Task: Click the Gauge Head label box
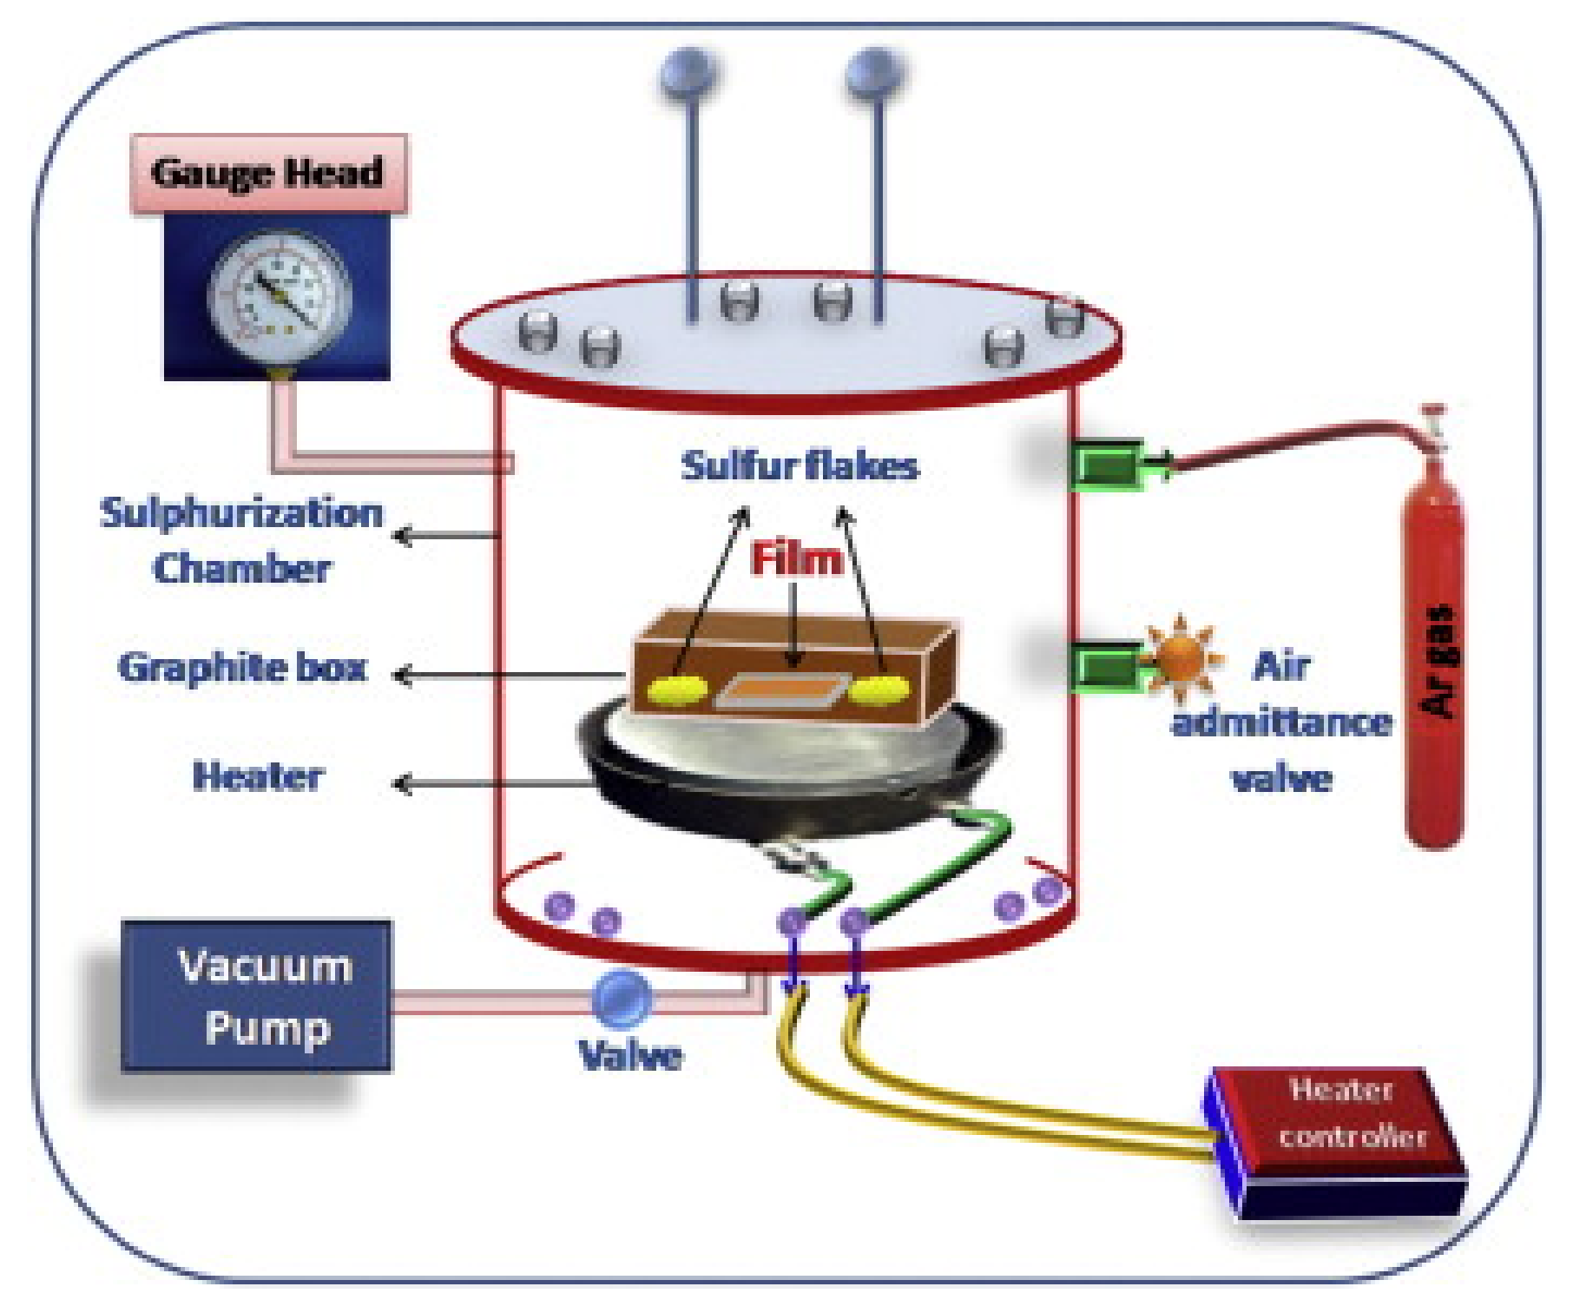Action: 268,173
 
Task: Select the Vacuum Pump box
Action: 257,997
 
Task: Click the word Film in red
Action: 796,558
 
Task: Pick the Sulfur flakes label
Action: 799,466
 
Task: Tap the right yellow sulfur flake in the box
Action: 879,691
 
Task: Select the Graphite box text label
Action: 242,668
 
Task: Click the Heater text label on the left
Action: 258,776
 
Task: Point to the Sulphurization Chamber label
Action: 242,540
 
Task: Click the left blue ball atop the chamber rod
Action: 688,71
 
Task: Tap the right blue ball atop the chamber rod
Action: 875,71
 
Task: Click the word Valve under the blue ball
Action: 630,1055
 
